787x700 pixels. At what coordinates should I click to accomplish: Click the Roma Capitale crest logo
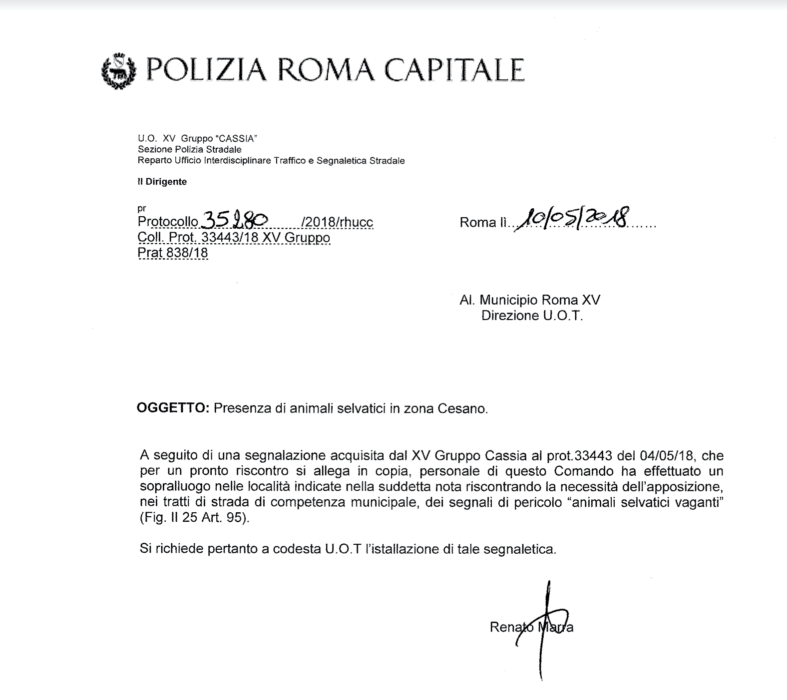pos(118,70)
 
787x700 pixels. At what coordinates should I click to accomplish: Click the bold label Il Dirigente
pos(162,182)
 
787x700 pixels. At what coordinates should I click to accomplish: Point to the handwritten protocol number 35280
pos(234,220)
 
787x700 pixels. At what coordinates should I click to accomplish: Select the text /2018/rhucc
pos(337,222)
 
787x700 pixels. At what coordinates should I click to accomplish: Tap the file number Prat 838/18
pos(172,253)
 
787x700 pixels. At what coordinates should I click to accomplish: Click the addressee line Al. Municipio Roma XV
pos(530,300)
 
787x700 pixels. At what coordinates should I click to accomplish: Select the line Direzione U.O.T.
pos(532,316)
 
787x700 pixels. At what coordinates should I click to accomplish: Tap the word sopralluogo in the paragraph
pos(172,486)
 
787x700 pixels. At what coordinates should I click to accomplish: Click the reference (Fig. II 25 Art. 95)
pos(194,518)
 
